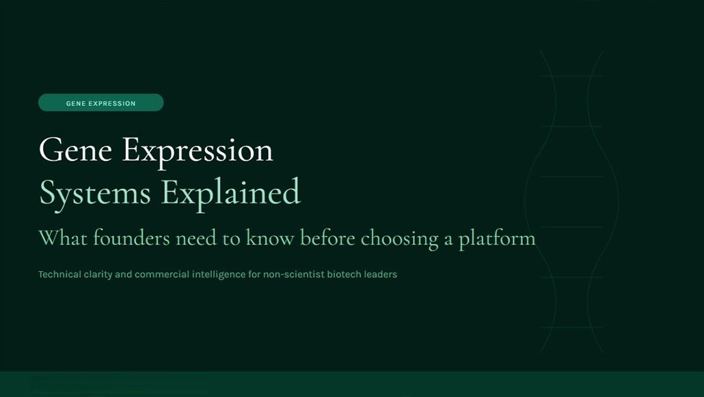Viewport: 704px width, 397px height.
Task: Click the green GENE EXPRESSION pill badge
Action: pyautogui.click(x=101, y=103)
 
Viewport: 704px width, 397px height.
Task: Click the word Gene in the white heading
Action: pyautogui.click(x=75, y=150)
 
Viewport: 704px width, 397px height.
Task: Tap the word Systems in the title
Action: pyautogui.click(x=95, y=193)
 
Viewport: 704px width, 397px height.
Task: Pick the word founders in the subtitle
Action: pyautogui.click(x=131, y=238)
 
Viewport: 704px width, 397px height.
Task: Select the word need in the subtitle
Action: pyautogui.click(x=196, y=238)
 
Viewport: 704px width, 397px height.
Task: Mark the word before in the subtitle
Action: pyautogui.click(x=327, y=238)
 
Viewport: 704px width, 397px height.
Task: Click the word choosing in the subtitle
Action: pyautogui.click(x=400, y=239)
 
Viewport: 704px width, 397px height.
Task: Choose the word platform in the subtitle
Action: pyautogui.click(x=497, y=239)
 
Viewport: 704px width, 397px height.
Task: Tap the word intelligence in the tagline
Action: pyautogui.click(x=219, y=274)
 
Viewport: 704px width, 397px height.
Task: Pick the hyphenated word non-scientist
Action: pyautogui.click(x=294, y=274)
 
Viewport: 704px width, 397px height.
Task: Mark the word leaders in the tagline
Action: pyautogui.click(x=381, y=274)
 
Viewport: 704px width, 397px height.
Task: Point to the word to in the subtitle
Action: pyautogui.click(x=232, y=239)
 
